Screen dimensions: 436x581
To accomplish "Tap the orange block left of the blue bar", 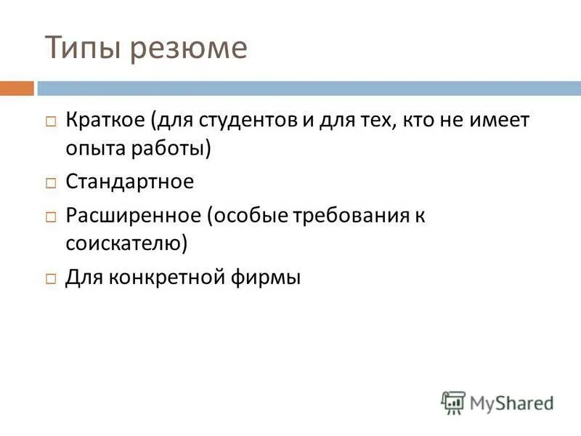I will tap(17, 89).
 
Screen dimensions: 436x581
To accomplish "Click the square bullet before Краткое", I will tap(51, 122).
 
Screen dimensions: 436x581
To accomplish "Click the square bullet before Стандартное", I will tap(51, 183).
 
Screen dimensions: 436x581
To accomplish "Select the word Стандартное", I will tap(130, 181).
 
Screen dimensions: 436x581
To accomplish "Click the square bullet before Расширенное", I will tap(51, 217).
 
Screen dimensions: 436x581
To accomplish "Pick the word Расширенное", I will tap(133, 214).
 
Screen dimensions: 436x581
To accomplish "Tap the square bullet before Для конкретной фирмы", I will tap(51, 278).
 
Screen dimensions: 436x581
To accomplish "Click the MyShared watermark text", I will tap(511, 402).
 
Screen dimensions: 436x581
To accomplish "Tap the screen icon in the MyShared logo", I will tap(453, 402).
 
